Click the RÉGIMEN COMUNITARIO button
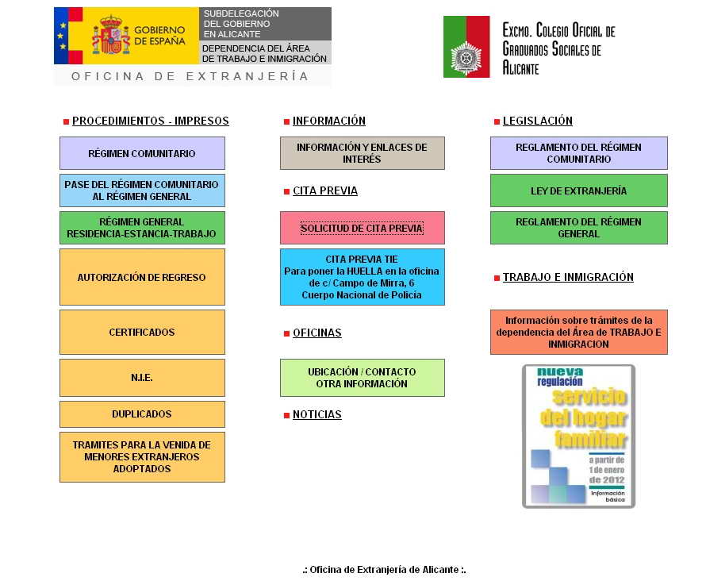(x=142, y=153)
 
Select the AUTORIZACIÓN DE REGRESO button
(x=142, y=277)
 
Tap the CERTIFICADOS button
(x=142, y=332)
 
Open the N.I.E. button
(x=142, y=378)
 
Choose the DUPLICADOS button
(x=142, y=414)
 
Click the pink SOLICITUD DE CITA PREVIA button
(x=363, y=228)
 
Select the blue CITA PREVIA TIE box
(x=363, y=277)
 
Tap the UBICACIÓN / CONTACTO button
(x=363, y=378)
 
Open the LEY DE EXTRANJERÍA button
(x=579, y=190)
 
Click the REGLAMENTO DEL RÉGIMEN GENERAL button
(x=579, y=228)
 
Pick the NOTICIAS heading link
(x=317, y=414)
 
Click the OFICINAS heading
(x=317, y=333)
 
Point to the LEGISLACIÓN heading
(x=538, y=121)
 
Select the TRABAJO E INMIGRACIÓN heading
(x=568, y=277)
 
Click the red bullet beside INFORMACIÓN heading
(x=287, y=121)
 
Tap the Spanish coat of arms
(x=111, y=35)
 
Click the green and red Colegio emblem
(x=466, y=47)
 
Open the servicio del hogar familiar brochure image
(x=579, y=437)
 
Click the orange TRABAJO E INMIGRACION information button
(x=579, y=332)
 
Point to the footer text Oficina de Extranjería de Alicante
(x=385, y=570)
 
